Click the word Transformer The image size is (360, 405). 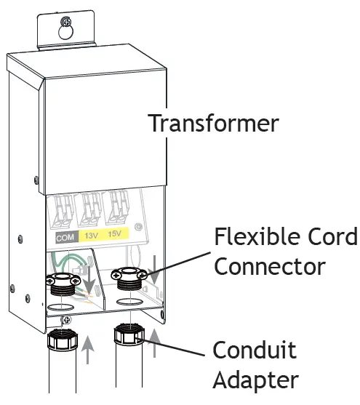click(x=213, y=123)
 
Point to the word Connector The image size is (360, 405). click(x=269, y=267)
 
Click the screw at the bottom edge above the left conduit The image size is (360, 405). click(x=67, y=319)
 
